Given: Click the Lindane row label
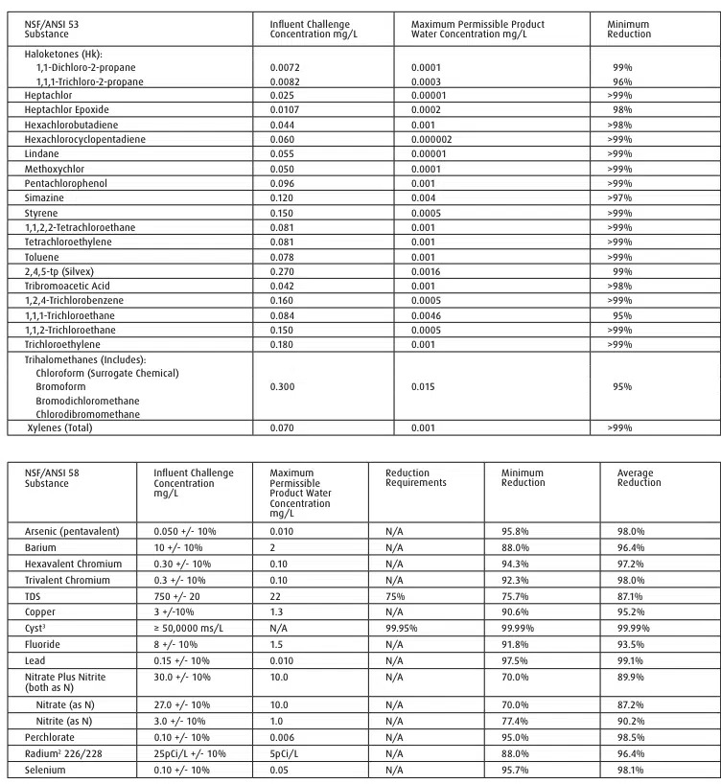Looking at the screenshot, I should click(x=41, y=153).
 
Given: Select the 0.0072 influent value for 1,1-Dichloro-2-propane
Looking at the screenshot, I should click(x=286, y=68).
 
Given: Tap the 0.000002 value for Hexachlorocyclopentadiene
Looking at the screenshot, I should click(x=432, y=139).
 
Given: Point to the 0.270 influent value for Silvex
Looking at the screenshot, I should click(x=283, y=271).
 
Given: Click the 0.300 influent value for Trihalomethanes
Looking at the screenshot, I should click(x=283, y=386).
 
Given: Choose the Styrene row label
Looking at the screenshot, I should click(x=41, y=212).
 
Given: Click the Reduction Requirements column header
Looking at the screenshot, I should click(x=416, y=477).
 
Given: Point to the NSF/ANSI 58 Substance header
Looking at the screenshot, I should click(x=52, y=477).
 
